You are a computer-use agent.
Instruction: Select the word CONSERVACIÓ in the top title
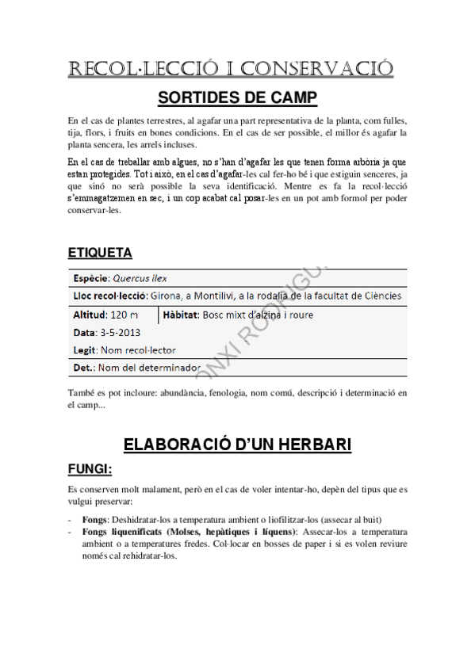316,69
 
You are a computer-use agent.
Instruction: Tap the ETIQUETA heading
100,253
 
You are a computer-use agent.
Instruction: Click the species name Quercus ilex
140,278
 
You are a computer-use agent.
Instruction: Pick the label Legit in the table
84,349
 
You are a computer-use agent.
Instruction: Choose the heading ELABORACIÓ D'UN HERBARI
237,445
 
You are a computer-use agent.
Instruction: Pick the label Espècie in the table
90,278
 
